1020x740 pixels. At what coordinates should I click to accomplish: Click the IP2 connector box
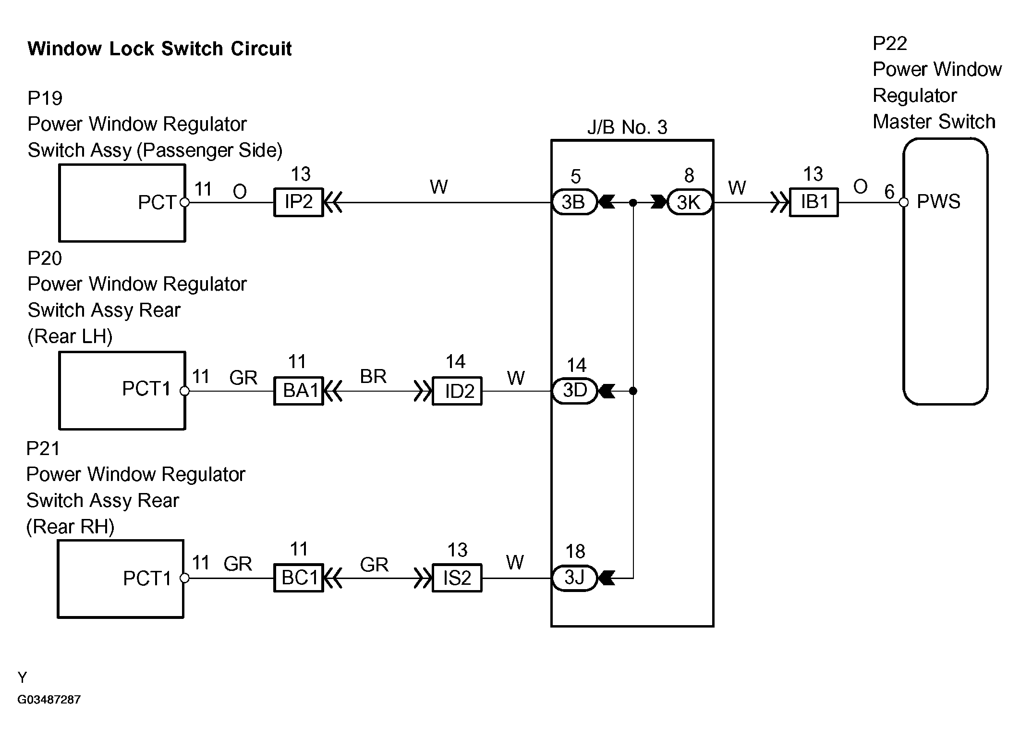coord(298,202)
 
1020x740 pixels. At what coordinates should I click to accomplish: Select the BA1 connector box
coord(298,391)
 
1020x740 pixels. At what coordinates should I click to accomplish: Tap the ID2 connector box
coord(457,391)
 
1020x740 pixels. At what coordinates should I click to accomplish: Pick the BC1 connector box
coord(298,578)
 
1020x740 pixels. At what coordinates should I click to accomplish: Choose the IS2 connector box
coord(457,578)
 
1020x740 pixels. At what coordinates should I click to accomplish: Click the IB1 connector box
coord(814,202)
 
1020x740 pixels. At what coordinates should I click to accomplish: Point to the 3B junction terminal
coord(574,202)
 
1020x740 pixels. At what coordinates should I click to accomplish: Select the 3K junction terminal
coord(689,202)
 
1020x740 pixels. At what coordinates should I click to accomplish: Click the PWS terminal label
coord(938,202)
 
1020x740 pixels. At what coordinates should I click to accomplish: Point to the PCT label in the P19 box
coord(157,202)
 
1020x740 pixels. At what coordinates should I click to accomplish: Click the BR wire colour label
coord(373,376)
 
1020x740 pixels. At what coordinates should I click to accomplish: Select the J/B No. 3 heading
coord(627,127)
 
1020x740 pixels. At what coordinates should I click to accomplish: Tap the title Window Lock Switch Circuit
coord(159,49)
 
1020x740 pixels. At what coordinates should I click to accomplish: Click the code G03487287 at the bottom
coord(49,699)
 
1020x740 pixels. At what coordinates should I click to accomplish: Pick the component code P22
coord(889,44)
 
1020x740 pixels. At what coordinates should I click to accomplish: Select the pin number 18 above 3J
coord(575,551)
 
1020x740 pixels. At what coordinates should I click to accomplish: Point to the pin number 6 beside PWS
coord(889,192)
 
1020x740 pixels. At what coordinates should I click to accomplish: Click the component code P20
coord(45,259)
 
